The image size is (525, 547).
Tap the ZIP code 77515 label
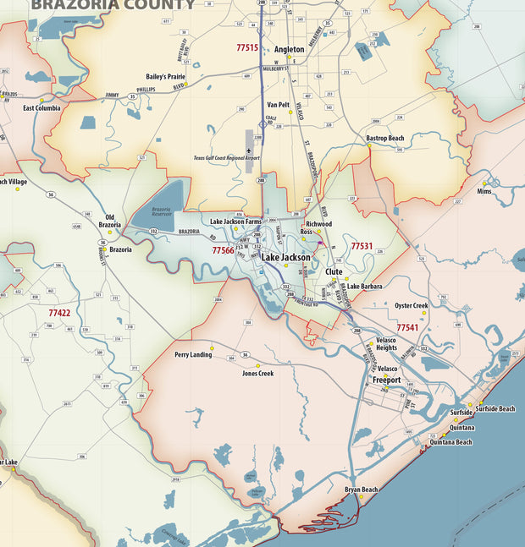pyautogui.click(x=247, y=48)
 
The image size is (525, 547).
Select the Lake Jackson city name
pyautogui.click(x=285, y=256)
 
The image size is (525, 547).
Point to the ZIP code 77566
pyautogui.click(x=224, y=250)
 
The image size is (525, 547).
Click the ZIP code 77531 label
pyautogui.click(x=362, y=246)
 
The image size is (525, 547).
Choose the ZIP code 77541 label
pyautogui.click(x=407, y=327)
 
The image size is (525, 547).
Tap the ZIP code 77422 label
pyautogui.click(x=59, y=312)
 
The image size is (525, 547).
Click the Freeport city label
pyautogui.click(x=387, y=380)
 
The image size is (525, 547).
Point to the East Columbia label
pyautogui.click(x=41, y=108)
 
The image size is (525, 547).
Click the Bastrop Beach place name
pyautogui.click(x=384, y=138)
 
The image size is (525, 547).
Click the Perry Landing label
pyautogui.click(x=193, y=354)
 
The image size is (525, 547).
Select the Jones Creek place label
pyautogui.click(x=257, y=373)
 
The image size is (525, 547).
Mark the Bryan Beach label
pyautogui.click(x=362, y=490)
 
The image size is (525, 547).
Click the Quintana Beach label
pyautogui.click(x=451, y=441)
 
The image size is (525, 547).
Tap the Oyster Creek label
pyautogui.click(x=411, y=305)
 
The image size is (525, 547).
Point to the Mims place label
pyautogui.click(x=484, y=192)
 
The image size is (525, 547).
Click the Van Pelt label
pyautogui.click(x=279, y=105)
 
